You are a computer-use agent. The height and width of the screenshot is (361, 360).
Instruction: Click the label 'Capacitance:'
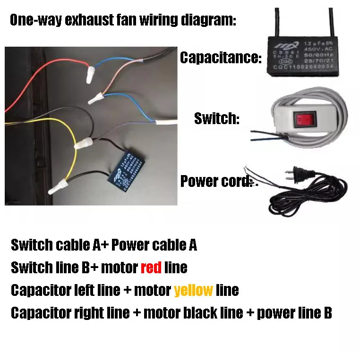click(220, 59)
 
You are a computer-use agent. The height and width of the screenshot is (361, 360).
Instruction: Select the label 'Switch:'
click(217, 118)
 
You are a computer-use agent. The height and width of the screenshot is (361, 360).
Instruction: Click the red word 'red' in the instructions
click(151, 268)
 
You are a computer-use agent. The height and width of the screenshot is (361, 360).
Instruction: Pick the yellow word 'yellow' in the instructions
click(193, 290)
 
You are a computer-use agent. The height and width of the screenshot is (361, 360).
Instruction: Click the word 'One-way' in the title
click(35, 20)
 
